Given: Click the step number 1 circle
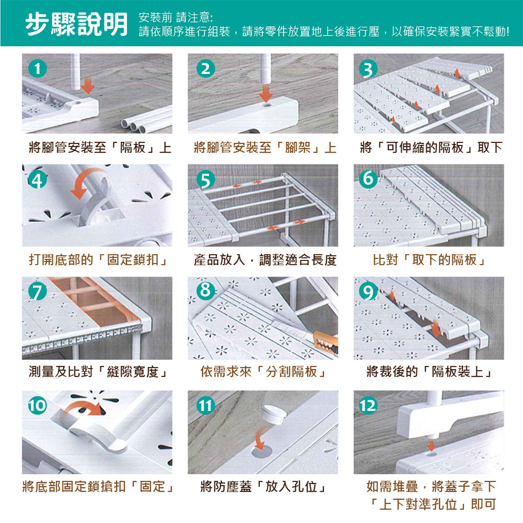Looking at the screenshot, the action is click(37, 69).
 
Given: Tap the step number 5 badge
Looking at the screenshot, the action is click(206, 180).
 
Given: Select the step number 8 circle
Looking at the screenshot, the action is click(206, 290).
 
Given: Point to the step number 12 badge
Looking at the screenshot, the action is click(368, 406).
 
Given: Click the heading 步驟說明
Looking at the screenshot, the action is click(76, 24).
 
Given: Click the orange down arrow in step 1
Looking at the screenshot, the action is click(88, 85).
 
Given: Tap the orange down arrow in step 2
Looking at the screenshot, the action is click(266, 93).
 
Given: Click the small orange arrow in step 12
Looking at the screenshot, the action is click(431, 446).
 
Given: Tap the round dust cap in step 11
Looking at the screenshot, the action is click(274, 414).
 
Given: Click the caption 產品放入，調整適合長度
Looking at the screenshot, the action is click(265, 260).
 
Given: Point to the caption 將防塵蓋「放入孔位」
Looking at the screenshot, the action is click(263, 486).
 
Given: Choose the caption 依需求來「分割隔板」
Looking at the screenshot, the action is click(263, 371).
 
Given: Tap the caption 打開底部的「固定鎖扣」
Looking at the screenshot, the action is click(98, 260).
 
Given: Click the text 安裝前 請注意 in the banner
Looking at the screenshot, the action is click(175, 17).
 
